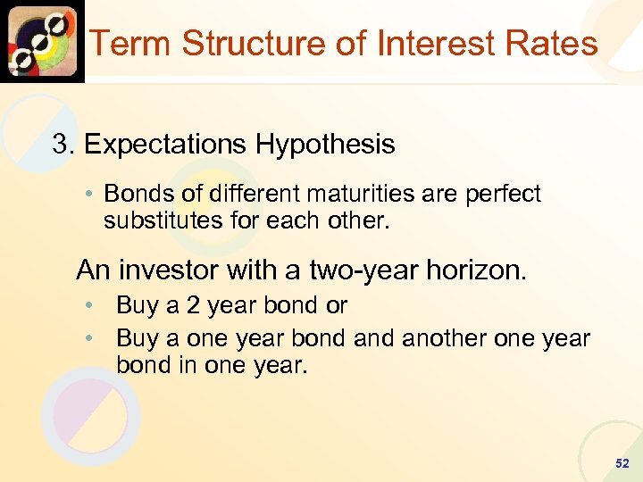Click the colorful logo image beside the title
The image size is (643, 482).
click(42, 41)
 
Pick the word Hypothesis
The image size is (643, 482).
click(330, 145)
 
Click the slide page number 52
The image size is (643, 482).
click(622, 464)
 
